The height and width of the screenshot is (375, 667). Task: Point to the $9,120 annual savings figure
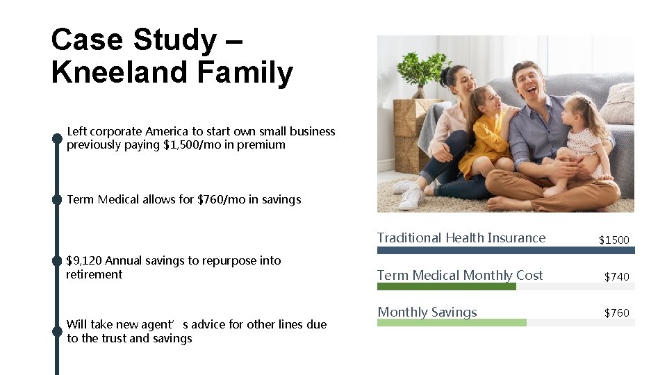click(x=83, y=260)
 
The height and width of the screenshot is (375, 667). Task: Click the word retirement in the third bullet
click(x=94, y=274)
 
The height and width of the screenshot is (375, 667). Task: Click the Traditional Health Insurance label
click(x=461, y=237)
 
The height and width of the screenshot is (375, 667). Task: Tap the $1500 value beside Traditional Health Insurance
click(x=614, y=240)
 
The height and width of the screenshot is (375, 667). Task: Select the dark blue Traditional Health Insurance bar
click(x=506, y=250)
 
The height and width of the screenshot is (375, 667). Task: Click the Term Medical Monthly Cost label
click(x=460, y=275)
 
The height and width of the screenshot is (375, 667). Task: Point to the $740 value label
click(x=616, y=276)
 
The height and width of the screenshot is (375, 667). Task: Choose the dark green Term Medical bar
click(x=447, y=286)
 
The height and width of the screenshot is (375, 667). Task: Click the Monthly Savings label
click(x=427, y=312)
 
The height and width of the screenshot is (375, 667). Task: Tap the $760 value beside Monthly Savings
click(x=616, y=312)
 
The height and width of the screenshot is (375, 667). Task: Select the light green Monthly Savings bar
click(x=452, y=322)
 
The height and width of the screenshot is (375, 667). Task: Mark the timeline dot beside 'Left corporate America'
click(x=58, y=137)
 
